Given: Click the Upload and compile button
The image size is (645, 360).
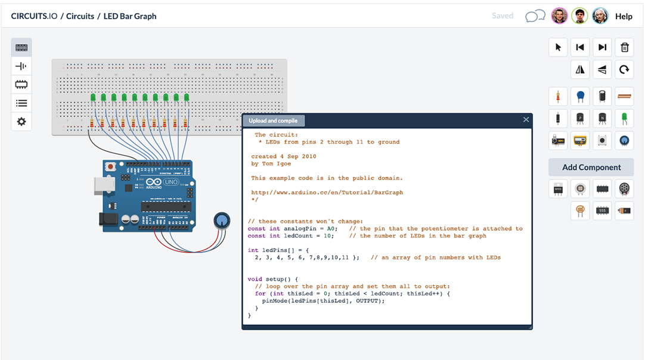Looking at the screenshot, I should [274, 120].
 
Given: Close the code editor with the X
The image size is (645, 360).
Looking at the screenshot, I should [526, 120].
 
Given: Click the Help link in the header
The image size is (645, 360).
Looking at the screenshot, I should [624, 16].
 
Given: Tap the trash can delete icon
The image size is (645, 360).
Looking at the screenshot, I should [624, 48].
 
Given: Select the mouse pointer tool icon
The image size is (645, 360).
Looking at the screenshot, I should [558, 48].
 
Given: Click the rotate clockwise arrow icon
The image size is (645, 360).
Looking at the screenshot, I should [624, 70].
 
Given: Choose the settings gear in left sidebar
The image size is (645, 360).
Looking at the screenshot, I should [21, 121].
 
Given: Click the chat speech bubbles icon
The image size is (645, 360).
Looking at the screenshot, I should [535, 16].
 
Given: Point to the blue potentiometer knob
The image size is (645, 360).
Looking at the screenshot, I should [222, 221].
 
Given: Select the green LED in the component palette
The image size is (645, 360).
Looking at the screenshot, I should [624, 118].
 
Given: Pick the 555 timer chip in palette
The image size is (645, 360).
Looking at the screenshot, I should [602, 210].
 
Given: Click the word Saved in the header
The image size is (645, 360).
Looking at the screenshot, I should [503, 16].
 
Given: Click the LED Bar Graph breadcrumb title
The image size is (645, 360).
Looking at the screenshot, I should [130, 16].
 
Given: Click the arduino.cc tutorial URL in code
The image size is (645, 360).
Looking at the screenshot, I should [327, 193].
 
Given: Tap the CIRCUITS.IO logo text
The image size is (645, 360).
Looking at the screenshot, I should [34, 16].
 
